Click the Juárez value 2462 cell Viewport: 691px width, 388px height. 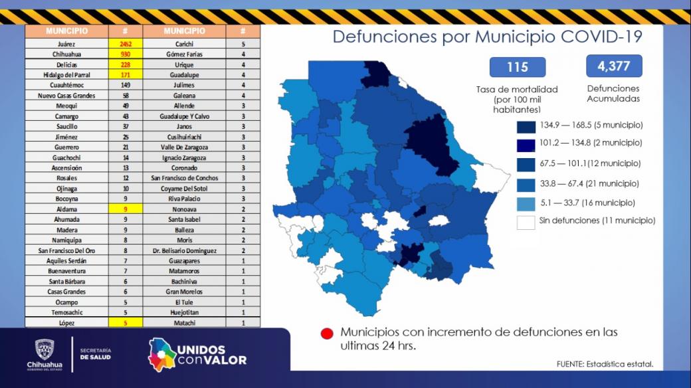pos(126,44)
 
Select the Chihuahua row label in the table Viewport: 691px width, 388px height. pos(66,54)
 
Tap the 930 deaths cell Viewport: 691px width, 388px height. pos(126,54)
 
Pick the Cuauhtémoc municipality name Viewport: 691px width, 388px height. pos(66,85)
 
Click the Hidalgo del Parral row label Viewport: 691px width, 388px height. pos(66,75)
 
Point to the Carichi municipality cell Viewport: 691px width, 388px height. pos(184,44)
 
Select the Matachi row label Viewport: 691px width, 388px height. pos(184,323)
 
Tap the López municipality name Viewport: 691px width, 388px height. pos(66,323)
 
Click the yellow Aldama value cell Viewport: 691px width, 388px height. pos(126,209)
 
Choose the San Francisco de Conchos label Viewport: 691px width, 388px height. pos(184,178)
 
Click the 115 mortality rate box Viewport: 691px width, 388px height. pos(518,67)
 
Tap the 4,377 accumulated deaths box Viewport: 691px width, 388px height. pos(614,66)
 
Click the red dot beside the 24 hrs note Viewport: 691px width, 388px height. pos(327,334)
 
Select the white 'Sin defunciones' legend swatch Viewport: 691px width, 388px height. pos(526,222)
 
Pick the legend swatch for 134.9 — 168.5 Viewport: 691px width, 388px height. pos(526,127)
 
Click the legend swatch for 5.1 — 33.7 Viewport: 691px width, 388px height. pos(526,204)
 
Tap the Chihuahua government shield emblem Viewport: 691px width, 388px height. pos(45,349)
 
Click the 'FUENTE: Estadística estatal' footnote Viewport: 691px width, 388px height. pos(605,364)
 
